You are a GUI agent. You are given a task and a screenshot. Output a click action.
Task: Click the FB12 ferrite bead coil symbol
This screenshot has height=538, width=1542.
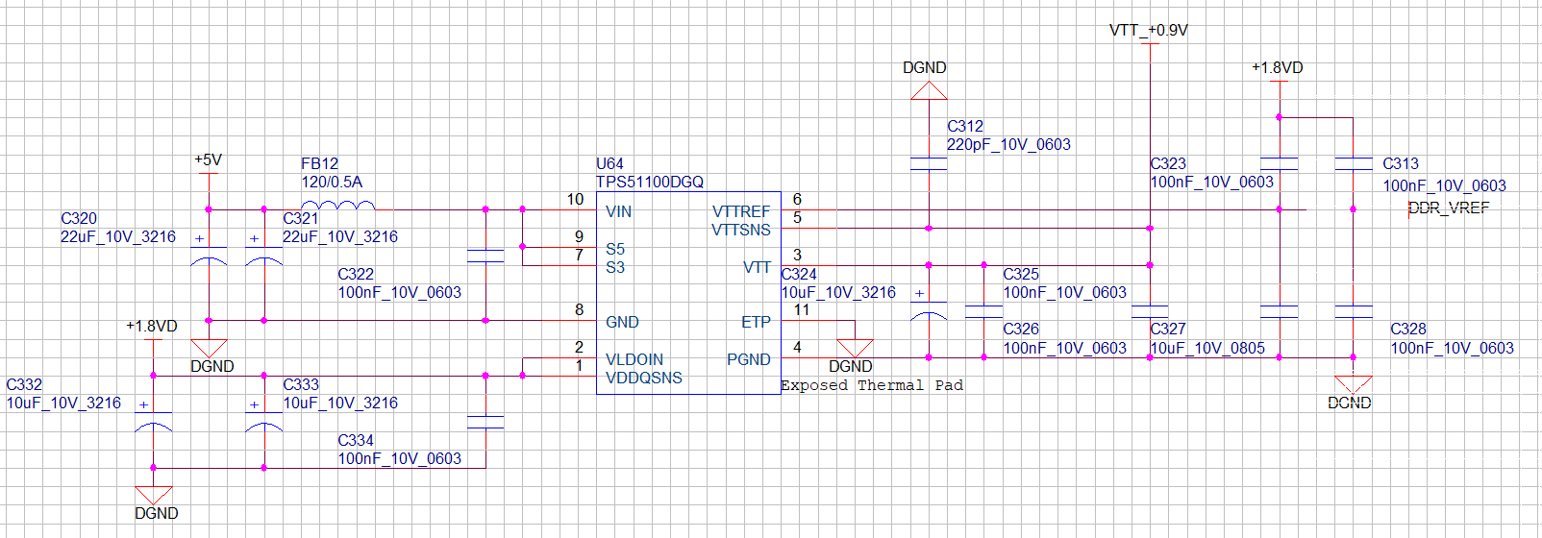tap(337, 205)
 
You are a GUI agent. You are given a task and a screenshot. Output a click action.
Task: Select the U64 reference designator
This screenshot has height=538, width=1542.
tap(609, 163)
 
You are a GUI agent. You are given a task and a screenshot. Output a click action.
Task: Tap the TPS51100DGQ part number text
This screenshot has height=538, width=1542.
tap(650, 182)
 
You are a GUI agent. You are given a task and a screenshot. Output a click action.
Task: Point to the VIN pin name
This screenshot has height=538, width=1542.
tap(618, 211)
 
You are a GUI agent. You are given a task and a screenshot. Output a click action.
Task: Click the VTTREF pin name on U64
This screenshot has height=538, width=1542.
tap(741, 211)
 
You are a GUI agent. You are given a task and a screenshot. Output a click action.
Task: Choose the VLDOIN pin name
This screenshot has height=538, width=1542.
tap(634, 359)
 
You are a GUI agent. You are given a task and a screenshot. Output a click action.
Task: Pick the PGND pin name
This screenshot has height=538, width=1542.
tap(749, 359)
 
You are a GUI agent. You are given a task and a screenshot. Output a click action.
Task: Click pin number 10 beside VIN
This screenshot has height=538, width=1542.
tap(575, 199)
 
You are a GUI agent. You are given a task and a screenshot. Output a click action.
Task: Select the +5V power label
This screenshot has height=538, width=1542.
tap(208, 159)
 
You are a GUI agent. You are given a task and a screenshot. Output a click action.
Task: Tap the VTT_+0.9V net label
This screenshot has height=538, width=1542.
tap(1149, 30)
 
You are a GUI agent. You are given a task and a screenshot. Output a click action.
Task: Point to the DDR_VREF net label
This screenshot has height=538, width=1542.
tap(1449, 208)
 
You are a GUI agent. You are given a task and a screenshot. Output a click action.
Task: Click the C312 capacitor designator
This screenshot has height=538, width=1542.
tap(965, 126)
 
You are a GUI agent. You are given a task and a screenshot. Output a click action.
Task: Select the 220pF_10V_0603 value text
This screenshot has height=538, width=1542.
tap(1008, 144)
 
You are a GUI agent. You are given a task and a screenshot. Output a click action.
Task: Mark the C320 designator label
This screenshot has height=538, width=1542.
tap(79, 218)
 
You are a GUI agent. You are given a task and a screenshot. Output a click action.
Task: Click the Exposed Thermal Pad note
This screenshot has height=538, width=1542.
tap(872, 385)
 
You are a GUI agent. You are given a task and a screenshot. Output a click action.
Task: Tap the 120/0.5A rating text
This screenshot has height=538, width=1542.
tap(332, 182)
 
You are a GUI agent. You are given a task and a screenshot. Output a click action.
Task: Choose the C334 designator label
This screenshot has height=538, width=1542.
tap(356, 440)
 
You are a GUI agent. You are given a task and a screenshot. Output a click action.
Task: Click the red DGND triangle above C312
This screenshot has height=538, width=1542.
tap(929, 91)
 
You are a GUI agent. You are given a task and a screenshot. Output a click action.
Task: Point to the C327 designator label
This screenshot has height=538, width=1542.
tap(1168, 329)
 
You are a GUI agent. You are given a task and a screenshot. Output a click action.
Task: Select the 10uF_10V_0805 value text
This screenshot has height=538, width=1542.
tap(1207, 348)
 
